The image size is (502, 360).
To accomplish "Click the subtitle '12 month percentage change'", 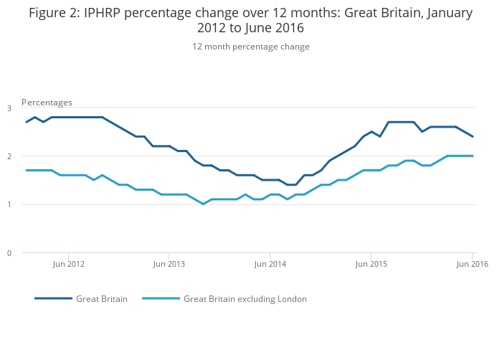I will [250, 47].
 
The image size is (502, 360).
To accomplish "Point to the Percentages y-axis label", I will [47, 103].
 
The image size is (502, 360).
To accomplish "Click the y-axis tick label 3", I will [9, 108].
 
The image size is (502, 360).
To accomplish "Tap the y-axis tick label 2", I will [9, 156].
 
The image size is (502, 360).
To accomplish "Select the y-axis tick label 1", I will [9, 205].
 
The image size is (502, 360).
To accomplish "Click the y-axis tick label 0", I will [9, 253].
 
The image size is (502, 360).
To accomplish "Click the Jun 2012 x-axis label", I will [69, 264].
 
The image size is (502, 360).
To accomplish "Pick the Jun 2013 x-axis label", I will [169, 264].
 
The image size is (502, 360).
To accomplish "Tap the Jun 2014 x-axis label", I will [270, 264].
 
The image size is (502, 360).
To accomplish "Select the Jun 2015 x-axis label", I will [371, 264].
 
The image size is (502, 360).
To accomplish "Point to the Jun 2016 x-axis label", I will [472, 264].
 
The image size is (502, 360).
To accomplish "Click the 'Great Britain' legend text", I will [102, 299].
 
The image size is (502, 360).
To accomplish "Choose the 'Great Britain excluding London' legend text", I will [245, 299].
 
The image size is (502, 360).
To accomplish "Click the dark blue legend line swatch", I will [53, 298].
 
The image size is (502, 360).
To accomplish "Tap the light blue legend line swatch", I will [161, 298].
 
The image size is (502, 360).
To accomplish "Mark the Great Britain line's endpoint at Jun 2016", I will [473, 136].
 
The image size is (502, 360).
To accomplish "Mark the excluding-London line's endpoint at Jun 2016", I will [473, 156].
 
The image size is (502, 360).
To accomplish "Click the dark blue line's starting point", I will [27, 122].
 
